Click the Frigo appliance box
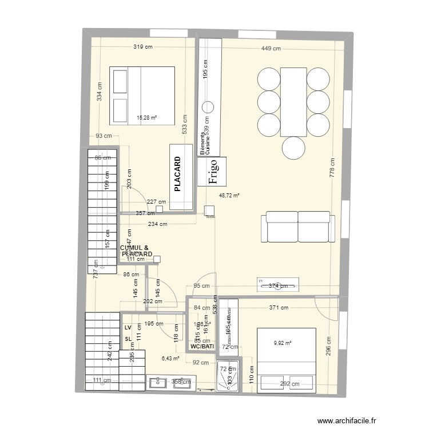212,172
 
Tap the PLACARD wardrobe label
177,174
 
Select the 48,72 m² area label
229,196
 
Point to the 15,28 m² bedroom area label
147,118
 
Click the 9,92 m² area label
283,343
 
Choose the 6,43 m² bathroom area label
170,359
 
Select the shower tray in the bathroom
229,378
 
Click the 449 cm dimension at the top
271,49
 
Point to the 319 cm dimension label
143,48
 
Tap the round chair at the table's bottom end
293,148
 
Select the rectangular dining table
293,102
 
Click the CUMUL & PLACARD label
135,251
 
